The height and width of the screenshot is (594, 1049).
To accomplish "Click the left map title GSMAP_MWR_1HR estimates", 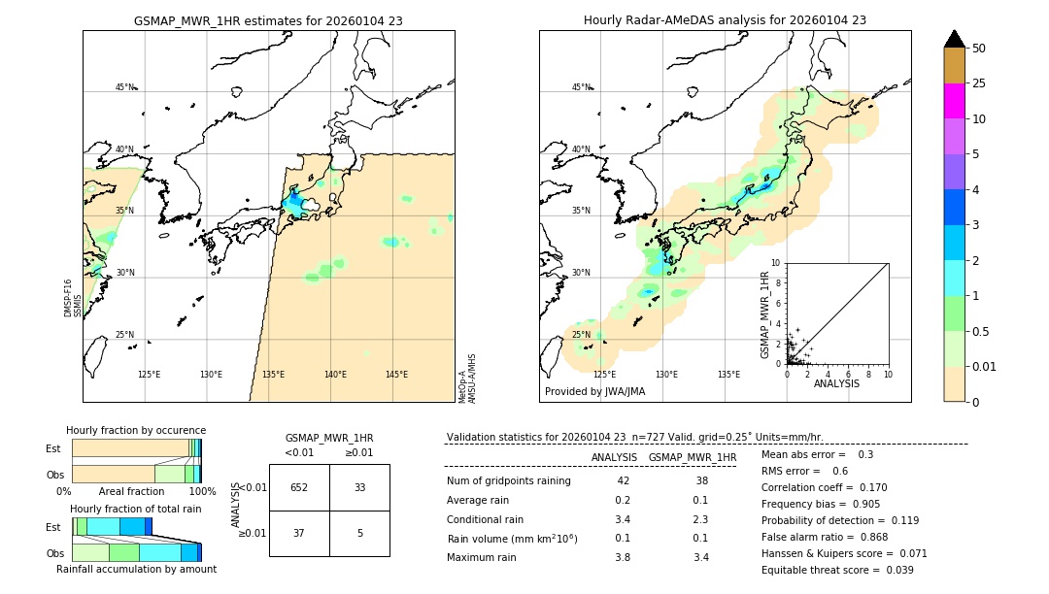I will pos(268,19).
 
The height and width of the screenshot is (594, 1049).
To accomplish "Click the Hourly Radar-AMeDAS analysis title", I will pos(725,19).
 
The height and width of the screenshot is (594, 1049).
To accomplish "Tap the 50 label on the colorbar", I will pos(979,48).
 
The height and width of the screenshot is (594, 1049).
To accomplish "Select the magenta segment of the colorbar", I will pos(954,101).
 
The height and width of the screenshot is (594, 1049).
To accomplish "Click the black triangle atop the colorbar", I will pos(954,39).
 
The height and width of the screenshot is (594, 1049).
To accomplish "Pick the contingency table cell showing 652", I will pos(299,487).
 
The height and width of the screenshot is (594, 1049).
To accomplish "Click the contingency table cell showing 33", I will pos(359,487).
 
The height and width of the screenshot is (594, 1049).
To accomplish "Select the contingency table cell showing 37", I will pos(299,532).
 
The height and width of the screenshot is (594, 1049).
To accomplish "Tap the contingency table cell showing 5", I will pos(359,532).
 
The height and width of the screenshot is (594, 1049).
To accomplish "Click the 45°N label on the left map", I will pos(124,87).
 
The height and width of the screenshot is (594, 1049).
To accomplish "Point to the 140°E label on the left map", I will pos(335,375).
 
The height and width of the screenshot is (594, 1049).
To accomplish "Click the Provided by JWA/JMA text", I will pos(594,391).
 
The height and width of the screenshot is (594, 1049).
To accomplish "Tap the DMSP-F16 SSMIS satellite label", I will pos(72,298).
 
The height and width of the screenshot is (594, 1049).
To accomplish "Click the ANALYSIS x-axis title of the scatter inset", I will pos(836,383).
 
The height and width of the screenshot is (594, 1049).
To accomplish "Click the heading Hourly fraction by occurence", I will pos(136,430).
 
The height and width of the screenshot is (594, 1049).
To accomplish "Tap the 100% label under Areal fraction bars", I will pos(202,492).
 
